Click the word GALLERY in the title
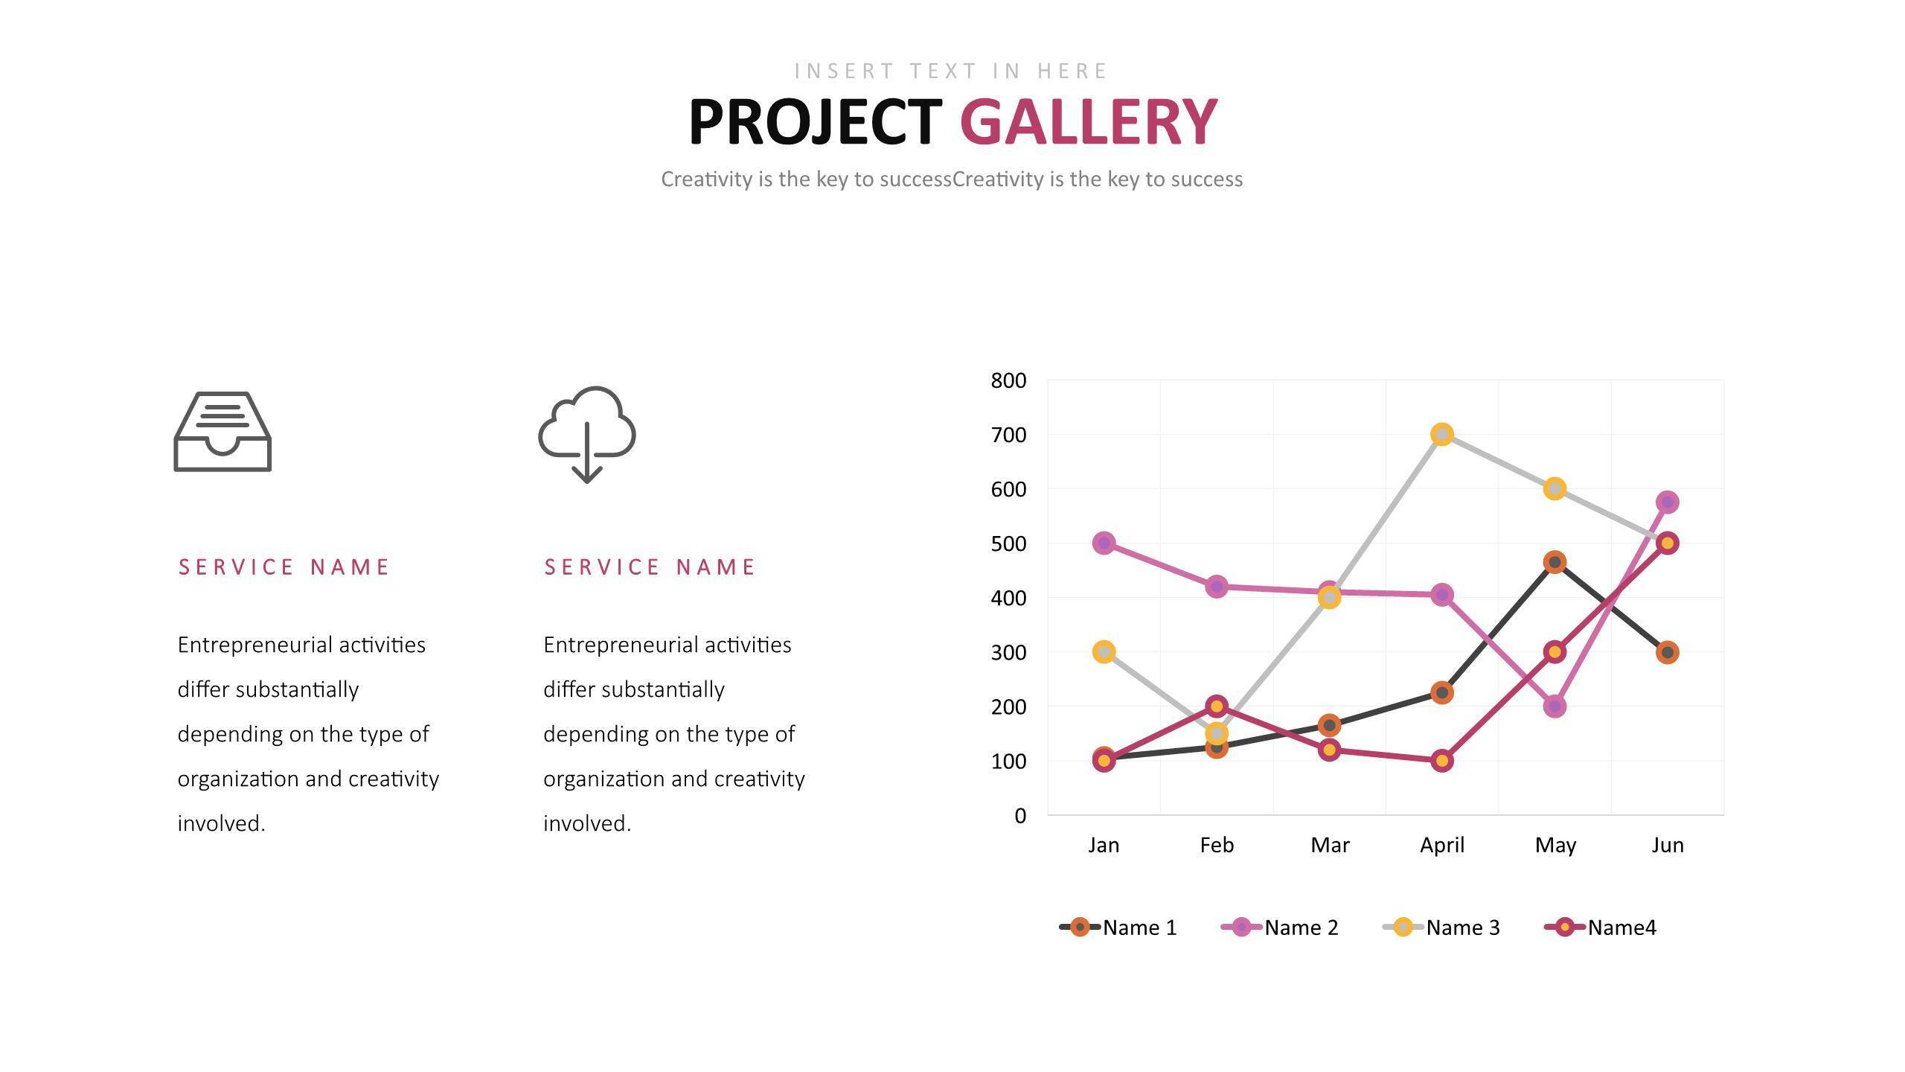click(x=1088, y=122)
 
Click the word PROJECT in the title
click(x=815, y=122)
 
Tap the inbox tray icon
click(x=222, y=432)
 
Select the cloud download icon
click(x=587, y=434)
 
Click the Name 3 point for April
click(x=1441, y=435)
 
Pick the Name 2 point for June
click(x=1667, y=502)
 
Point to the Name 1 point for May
click(x=1554, y=563)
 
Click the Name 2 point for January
click(x=1104, y=543)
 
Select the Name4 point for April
click(x=1441, y=761)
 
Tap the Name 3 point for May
click(x=1554, y=489)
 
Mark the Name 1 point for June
click(x=1667, y=653)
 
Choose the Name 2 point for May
click(x=1554, y=706)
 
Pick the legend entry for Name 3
click(x=1441, y=928)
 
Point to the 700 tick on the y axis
click(x=1008, y=435)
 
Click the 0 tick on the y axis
click(x=1019, y=816)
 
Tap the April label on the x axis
click(x=1441, y=845)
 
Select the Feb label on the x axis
click(x=1217, y=845)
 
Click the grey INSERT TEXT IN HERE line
click(x=952, y=71)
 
